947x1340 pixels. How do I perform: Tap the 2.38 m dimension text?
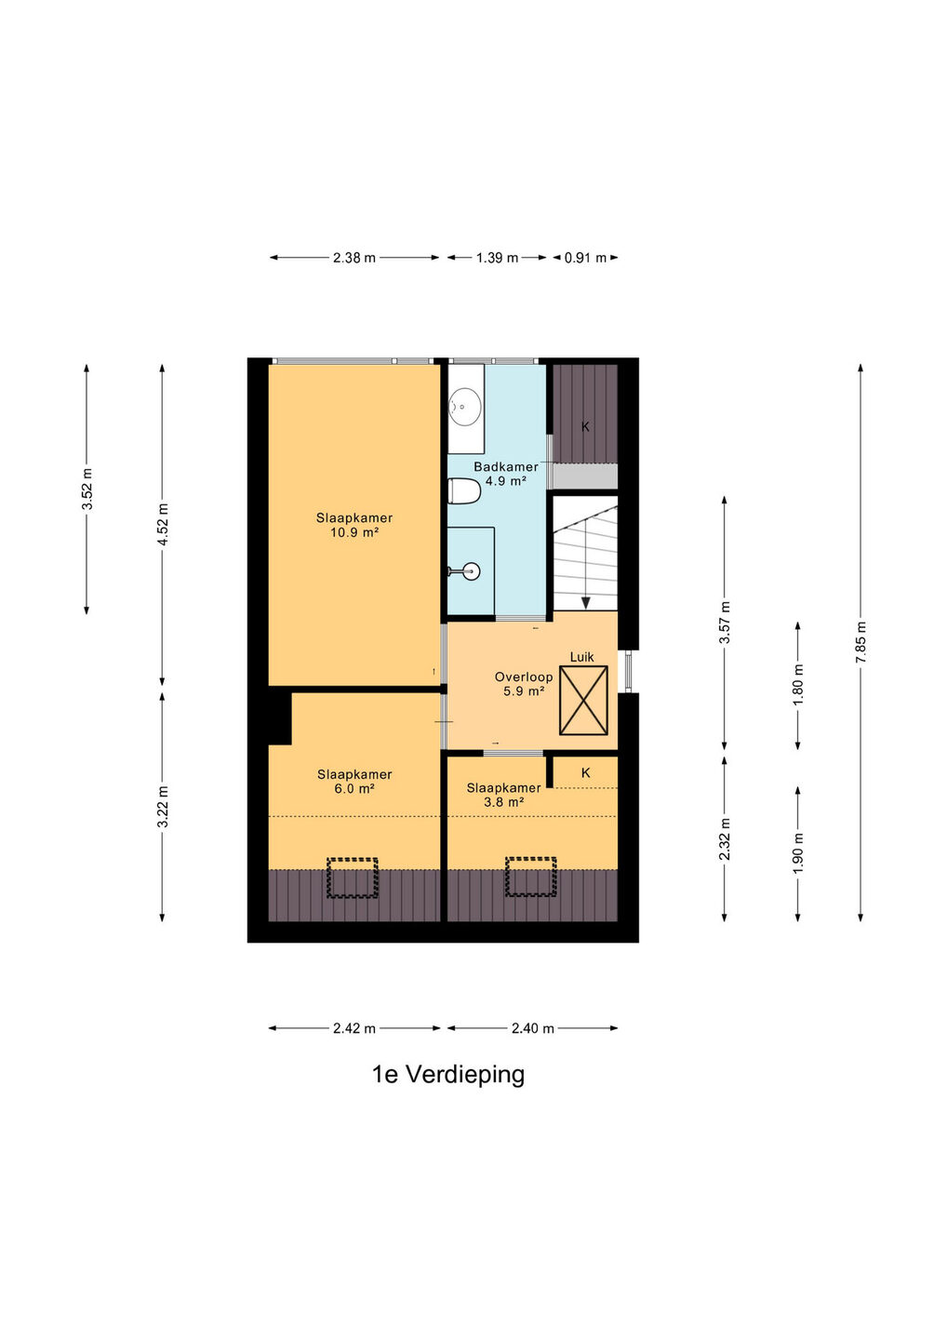pos(353,258)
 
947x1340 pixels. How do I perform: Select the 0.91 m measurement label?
pos(585,258)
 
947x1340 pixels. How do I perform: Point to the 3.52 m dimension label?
pos(87,489)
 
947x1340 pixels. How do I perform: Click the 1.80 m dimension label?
pos(798,685)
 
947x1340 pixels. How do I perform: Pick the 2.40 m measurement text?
pos(532,1028)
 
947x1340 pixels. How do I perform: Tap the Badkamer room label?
pos(506,466)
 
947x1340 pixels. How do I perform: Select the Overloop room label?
pos(523,677)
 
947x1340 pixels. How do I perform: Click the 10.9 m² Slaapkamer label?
pos(354,525)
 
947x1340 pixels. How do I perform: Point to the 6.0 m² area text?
pos(354,788)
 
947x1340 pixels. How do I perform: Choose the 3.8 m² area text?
pos(504,802)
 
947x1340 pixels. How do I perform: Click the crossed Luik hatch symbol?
pos(583,701)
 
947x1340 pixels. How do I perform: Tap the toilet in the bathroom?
pos(464,491)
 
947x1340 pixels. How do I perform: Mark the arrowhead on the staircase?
pos(585,603)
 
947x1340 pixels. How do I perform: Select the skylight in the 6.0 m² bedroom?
pos(353,878)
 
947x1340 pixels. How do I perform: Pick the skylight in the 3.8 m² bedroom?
pos(531,877)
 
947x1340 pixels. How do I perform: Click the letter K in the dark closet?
pos(585,426)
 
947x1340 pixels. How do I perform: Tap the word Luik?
pos(581,657)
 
